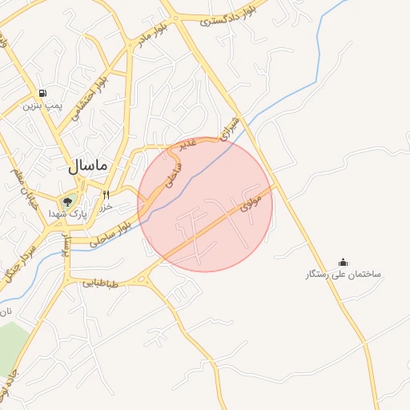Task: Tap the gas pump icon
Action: click(41, 91)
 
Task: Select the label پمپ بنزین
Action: click(42, 105)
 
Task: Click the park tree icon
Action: click(67, 202)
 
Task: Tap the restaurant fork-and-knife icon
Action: click(106, 194)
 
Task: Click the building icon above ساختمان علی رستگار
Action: click(343, 262)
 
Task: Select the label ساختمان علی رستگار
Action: click(344, 275)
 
